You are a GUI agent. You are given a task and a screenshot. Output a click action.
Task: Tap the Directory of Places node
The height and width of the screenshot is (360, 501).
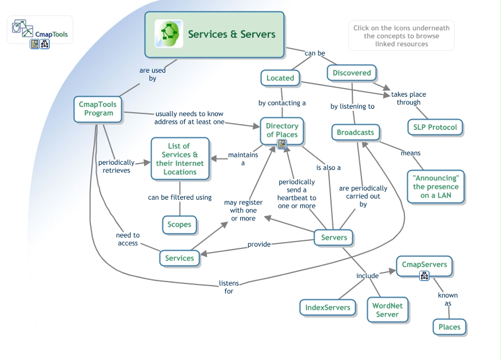(282, 130)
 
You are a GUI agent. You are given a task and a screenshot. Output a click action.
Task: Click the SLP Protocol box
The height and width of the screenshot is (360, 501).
(435, 127)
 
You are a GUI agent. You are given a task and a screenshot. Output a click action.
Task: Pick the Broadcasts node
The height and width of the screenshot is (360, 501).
(355, 132)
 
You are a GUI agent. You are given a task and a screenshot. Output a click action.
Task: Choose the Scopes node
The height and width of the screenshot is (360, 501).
(179, 224)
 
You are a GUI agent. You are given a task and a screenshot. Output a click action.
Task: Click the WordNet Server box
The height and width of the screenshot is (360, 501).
(387, 310)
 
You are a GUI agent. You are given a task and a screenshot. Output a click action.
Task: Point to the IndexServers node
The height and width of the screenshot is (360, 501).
(328, 307)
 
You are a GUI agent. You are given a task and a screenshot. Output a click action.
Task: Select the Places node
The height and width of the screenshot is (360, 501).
(449, 327)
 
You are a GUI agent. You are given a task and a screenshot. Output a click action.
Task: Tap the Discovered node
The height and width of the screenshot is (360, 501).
(352, 73)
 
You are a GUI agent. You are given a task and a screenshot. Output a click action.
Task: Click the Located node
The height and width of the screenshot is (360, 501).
(280, 78)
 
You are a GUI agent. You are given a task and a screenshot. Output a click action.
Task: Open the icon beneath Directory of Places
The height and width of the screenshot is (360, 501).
(282, 144)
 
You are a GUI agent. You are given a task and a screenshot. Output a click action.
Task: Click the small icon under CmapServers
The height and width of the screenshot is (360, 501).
(424, 276)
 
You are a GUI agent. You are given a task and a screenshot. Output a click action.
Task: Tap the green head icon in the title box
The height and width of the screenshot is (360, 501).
(169, 34)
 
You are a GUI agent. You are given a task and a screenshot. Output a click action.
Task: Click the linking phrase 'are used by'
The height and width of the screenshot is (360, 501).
(153, 74)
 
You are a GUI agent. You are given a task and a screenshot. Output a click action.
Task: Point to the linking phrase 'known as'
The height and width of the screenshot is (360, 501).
(448, 299)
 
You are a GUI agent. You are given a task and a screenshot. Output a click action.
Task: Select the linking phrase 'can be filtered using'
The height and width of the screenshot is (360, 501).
(180, 197)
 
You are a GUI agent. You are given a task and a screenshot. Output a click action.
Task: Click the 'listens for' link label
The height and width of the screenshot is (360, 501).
(229, 287)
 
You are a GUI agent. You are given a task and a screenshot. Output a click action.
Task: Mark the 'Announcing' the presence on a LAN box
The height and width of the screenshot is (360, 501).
(436, 187)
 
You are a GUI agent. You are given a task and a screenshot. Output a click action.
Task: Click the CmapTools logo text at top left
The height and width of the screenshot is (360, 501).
(51, 34)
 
